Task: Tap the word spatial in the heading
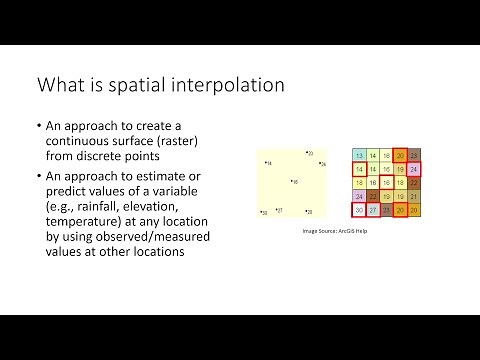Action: pos(138,85)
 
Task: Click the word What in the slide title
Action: pos(63,85)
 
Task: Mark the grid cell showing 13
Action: pos(359,156)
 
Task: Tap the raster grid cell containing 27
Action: pos(372,210)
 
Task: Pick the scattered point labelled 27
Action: pos(276,211)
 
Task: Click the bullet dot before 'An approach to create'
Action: pos(38,127)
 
